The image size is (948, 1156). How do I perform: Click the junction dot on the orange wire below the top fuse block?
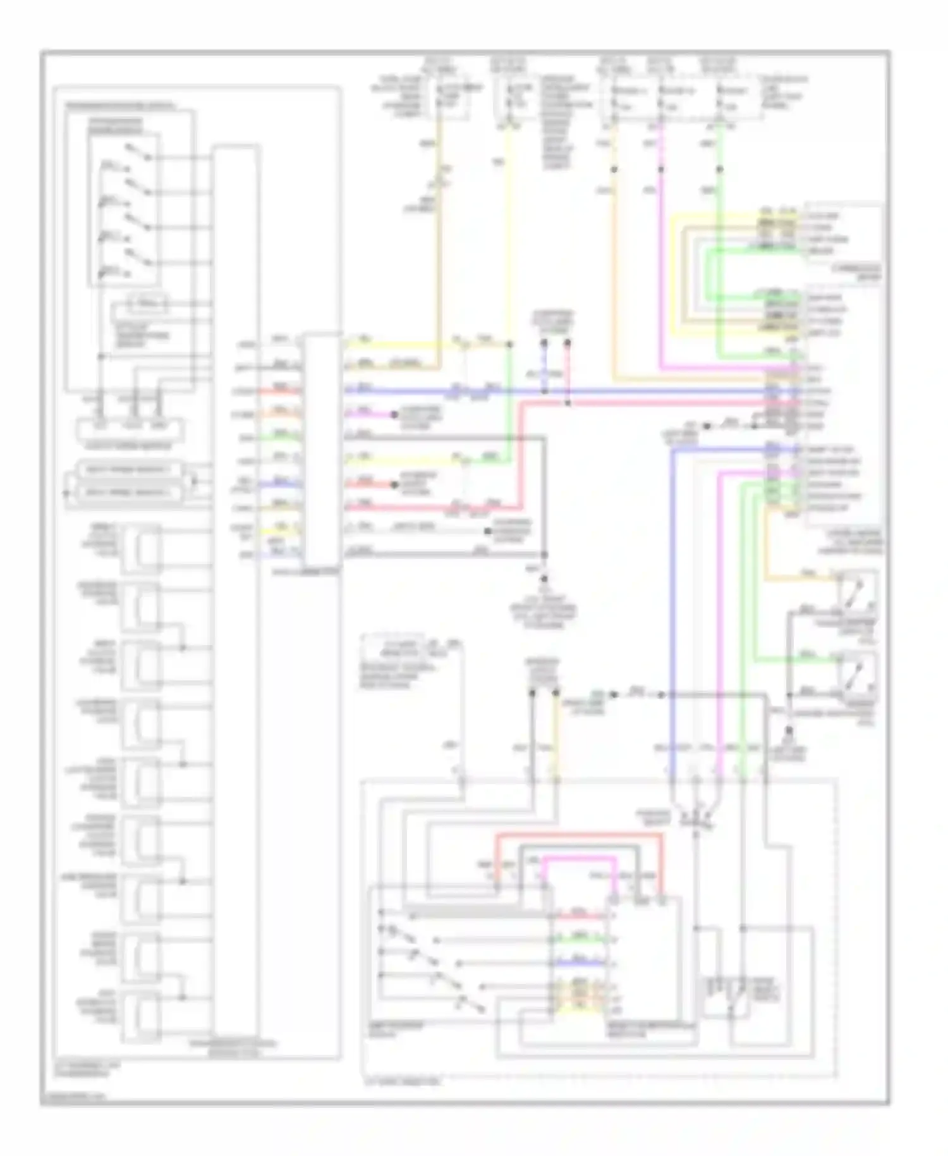coord(614,169)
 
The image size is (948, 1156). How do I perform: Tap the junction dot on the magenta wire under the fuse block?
coord(661,169)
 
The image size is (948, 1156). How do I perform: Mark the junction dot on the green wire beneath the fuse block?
coord(719,169)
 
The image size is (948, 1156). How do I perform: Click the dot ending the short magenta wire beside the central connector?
coord(394,415)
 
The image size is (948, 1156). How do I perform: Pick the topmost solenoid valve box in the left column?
coord(141,549)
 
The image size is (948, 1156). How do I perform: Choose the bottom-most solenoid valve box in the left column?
coord(141,1016)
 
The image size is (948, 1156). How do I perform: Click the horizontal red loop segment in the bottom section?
coord(578,835)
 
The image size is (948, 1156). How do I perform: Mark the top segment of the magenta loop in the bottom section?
coord(578,858)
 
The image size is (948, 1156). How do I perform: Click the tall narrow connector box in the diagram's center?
coord(321,450)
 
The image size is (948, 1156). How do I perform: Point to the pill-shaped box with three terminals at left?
coord(130,428)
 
